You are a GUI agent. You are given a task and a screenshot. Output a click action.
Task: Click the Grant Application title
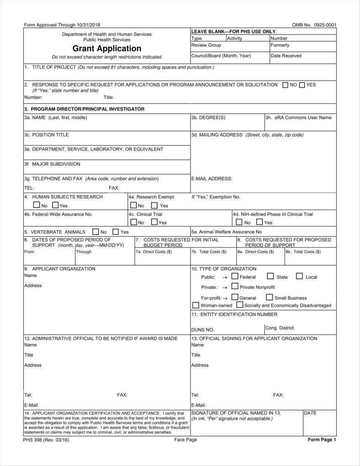click(x=107, y=48)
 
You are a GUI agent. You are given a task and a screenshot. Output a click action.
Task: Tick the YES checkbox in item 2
click(x=302, y=85)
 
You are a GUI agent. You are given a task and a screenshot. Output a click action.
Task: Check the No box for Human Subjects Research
click(x=36, y=205)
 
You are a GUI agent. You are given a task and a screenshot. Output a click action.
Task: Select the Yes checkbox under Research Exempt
click(x=154, y=205)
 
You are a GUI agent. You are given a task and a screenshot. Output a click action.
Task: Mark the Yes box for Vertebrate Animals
click(x=116, y=232)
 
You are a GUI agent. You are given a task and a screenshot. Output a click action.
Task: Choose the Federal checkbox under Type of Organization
click(x=235, y=276)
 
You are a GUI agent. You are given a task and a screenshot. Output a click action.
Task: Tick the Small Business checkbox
click(x=270, y=297)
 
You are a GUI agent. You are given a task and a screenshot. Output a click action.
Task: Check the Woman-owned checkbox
click(x=196, y=305)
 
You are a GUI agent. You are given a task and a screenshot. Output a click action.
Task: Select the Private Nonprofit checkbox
click(x=235, y=287)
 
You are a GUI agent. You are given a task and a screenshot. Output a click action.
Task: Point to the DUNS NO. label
click(x=202, y=330)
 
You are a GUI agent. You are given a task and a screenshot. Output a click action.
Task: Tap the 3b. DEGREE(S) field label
click(x=208, y=118)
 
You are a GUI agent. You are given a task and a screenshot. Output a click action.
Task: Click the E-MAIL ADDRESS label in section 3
click(x=212, y=178)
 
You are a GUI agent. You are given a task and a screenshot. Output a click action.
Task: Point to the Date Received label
click(x=286, y=56)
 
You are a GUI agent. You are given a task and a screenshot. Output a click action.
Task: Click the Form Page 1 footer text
click(x=322, y=440)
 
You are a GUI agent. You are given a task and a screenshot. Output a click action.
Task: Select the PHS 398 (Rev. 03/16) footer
click(x=47, y=440)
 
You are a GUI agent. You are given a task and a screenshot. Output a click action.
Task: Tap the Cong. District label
click(x=280, y=328)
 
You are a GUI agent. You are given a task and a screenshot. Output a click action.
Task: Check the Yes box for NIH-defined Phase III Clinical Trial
click(x=259, y=222)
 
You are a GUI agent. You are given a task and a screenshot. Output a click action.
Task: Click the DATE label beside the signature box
click(x=310, y=413)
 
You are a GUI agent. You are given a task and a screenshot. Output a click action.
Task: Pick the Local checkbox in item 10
click(x=299, y=276)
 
